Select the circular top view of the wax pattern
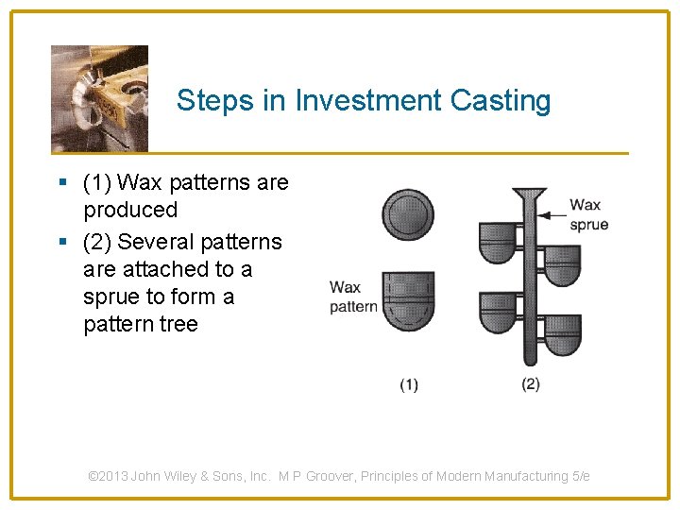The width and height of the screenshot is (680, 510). pos(407,215)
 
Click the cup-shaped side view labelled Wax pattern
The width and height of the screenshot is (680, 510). pos(408,300)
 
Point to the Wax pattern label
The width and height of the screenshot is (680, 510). pos(351,297)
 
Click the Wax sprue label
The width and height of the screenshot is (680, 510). pos(587,214)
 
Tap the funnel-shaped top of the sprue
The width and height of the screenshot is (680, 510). pos(529,198)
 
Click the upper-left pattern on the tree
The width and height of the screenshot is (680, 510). pos(498,242)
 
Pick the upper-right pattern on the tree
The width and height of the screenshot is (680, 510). pos(562,264)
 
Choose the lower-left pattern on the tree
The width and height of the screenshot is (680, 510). pos(498,313)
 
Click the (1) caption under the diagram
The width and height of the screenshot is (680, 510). pos(409,383)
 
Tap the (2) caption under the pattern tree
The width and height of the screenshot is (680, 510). pos(530,383)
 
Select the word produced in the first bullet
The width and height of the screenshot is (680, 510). pos(129,209)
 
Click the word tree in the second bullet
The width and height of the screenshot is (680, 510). pos(179,324)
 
